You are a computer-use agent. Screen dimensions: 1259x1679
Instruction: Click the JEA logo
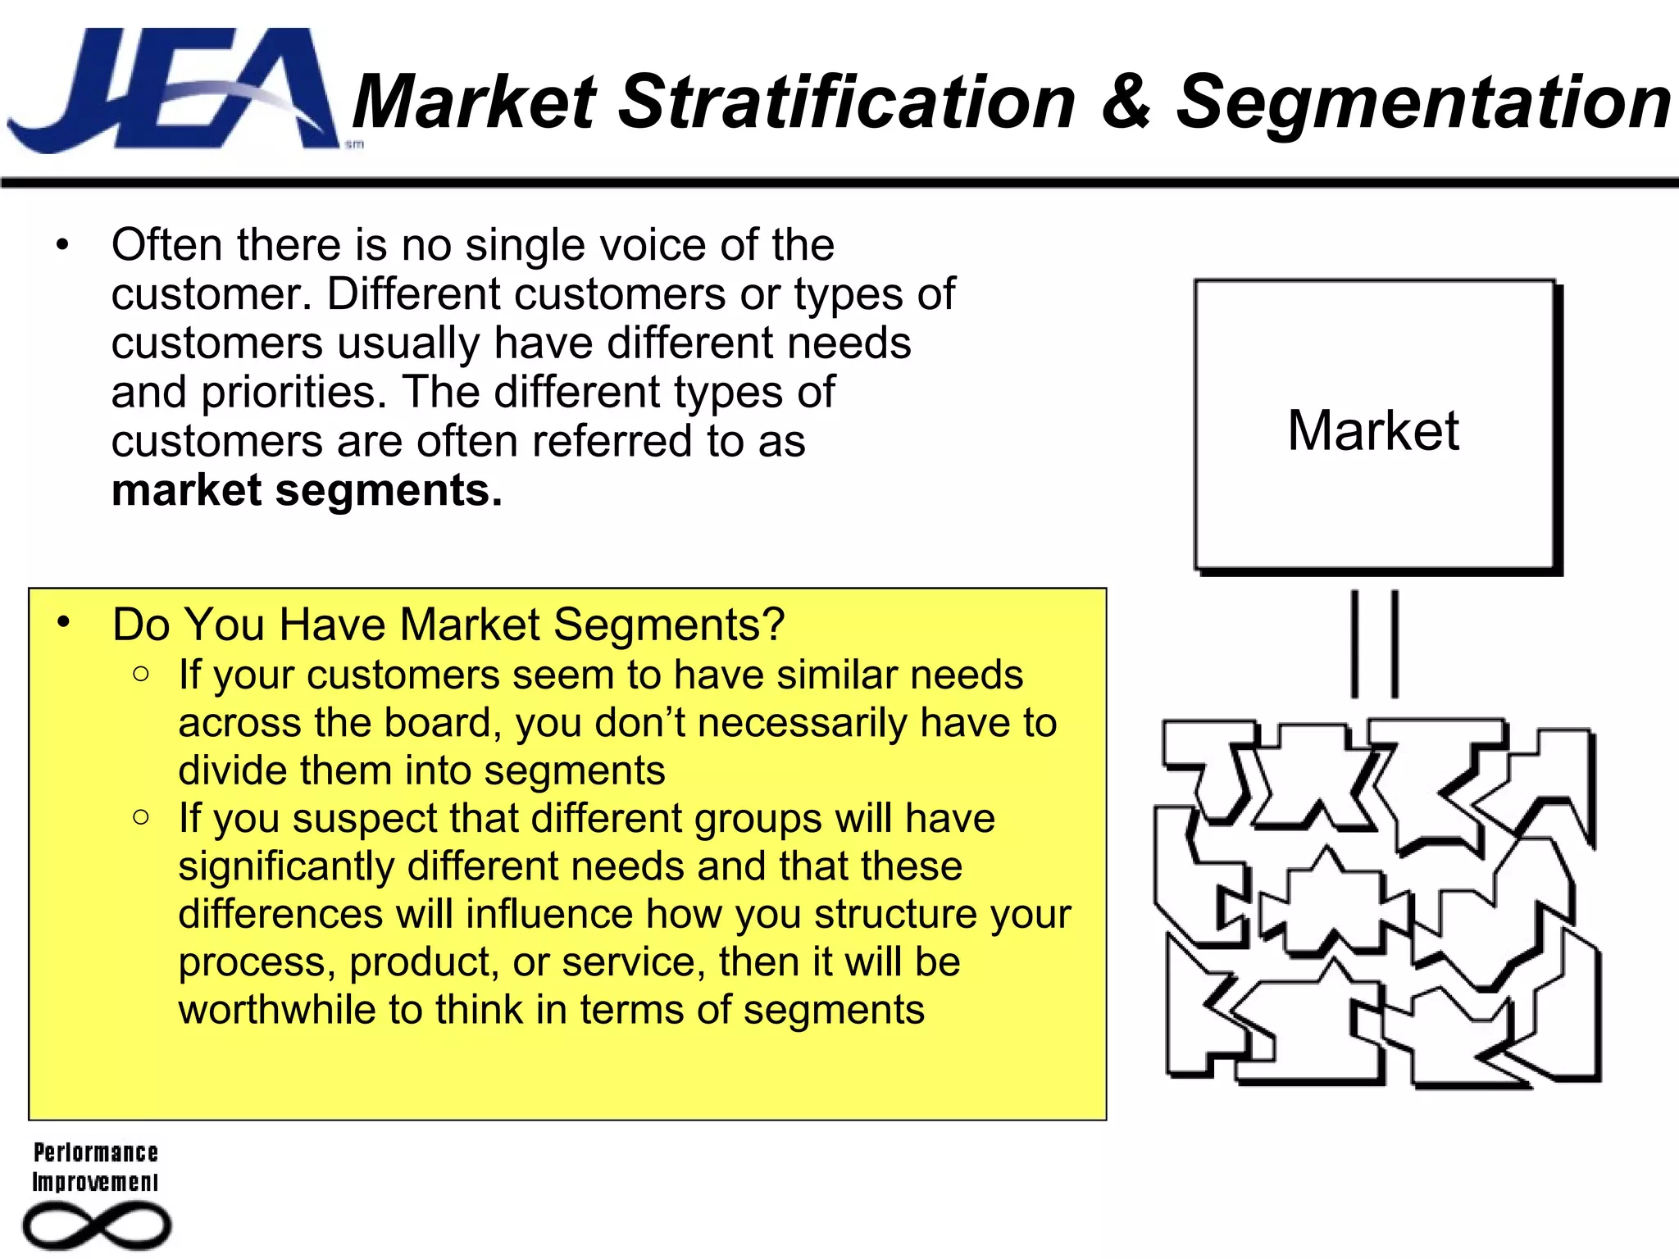tap(172, 90)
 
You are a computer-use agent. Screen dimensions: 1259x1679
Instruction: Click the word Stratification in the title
tap(845, 102)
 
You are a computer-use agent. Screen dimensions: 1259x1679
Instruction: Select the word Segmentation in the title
tap(1423, 102)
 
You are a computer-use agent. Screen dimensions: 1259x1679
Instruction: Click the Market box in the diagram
tap(1375, 426)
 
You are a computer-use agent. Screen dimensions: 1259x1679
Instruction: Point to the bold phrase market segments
tap(307, 491)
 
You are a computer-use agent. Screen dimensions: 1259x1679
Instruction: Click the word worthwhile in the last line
tap(277, 1010)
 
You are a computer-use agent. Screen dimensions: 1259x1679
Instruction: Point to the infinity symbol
tap(97, 1226)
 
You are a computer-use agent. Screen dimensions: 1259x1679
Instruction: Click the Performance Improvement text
tap(95, 1167)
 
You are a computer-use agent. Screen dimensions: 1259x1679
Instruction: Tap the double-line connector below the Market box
tap(1375, 644)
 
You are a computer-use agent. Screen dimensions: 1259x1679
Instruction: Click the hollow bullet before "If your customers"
tap(141, 675)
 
